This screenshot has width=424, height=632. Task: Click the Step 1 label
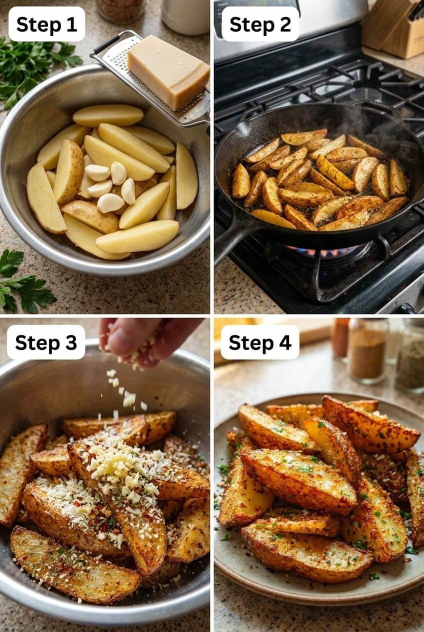pos(46,24)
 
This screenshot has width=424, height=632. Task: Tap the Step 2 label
pos(260,24)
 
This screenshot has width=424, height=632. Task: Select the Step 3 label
pos(46,342)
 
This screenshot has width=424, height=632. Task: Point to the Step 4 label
pos(260,342)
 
